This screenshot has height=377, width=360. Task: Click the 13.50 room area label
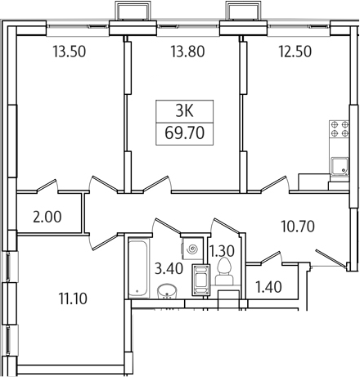click(70, 52)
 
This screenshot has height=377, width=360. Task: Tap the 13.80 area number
click(187, 52)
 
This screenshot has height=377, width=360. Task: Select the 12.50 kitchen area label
click(295, 52)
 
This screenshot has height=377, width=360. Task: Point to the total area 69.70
click(185, 133)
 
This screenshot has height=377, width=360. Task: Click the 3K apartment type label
click(184, 111)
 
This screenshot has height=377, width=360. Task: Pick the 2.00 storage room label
click(47, 218)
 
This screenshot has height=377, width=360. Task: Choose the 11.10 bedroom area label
click(73, 298)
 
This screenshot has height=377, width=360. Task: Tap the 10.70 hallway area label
click(298, 227)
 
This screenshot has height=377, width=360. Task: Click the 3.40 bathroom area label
click(169, 268)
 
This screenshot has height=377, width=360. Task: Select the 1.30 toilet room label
click(223, 251)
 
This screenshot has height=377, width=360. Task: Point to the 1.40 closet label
click(269, 287)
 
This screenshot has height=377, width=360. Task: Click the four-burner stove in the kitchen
click(340, 129)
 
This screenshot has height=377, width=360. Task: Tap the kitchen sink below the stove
click(340, 166)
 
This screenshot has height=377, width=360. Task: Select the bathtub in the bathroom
click(139, 268)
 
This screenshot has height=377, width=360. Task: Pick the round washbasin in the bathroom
click(167, 292)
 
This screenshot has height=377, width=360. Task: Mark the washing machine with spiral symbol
click(192, 249)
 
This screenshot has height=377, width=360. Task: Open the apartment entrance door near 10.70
click(331, 258)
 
